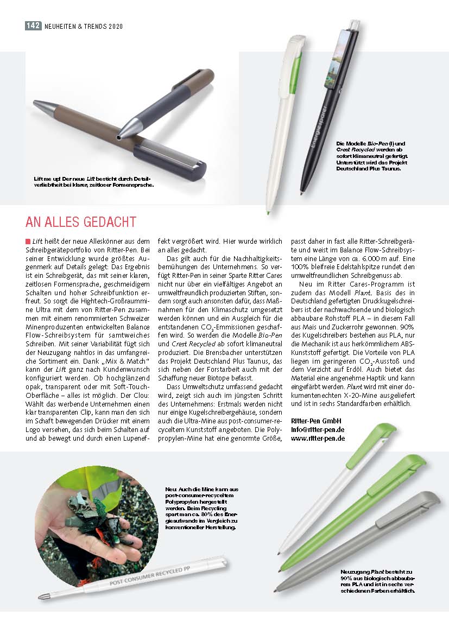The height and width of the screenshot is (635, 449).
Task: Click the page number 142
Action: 33,26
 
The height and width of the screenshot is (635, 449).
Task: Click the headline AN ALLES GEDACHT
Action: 81,223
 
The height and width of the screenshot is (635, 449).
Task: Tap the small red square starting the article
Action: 28,240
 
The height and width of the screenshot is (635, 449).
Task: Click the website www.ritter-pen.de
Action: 318,438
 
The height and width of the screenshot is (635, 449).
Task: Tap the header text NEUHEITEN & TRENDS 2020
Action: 84,26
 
